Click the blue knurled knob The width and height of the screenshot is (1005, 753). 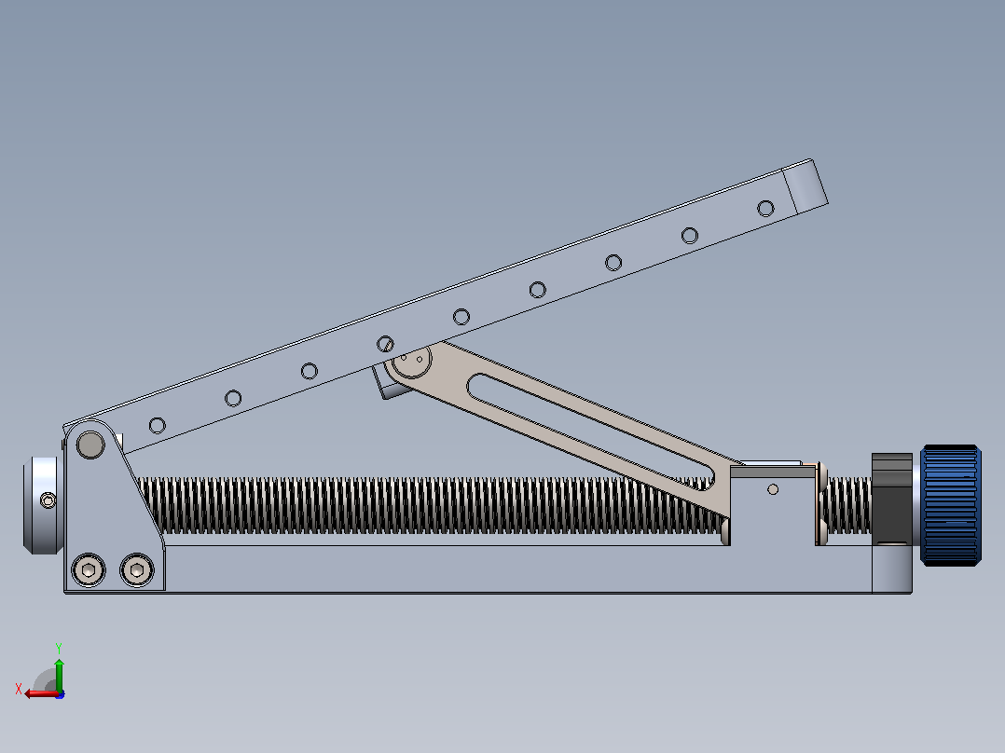(951, 506)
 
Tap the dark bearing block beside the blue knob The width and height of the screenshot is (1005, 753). (892, 498)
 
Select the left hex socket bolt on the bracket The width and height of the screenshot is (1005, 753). (89, 569)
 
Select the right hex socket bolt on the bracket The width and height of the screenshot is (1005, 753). (136, 569)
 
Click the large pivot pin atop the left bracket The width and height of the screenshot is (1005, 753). (90, 445)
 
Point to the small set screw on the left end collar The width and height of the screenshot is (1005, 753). (48, 500)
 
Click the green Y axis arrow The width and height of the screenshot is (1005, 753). (59, 675)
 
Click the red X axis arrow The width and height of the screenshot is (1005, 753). (41, 693)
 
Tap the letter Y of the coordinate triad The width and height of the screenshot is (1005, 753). (59, 648)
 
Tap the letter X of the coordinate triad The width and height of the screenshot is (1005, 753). (19, 689)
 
